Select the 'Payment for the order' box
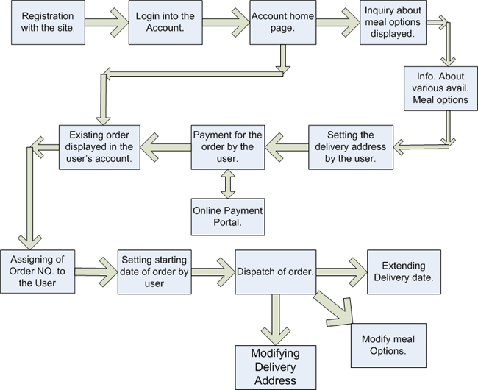227,143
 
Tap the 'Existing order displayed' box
101,143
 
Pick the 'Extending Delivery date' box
404,272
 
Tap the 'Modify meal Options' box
388,345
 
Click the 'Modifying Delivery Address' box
276,366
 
